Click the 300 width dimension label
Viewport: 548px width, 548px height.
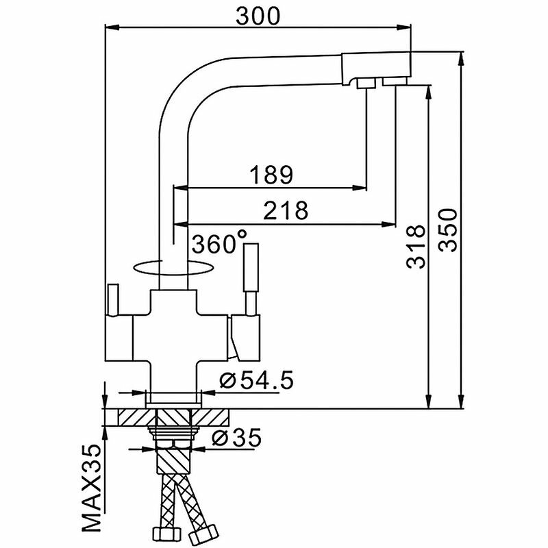(x=258, y=16)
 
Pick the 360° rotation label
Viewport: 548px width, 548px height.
(x=219, y=244)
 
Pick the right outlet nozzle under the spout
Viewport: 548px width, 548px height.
(x=395, y=82)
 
